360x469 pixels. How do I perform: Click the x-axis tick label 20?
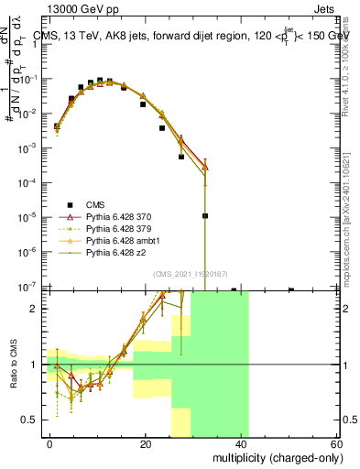146,443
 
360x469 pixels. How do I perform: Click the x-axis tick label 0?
50,443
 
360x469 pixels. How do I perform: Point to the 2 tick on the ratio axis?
36,309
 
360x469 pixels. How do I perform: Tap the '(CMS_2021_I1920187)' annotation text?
191,274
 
